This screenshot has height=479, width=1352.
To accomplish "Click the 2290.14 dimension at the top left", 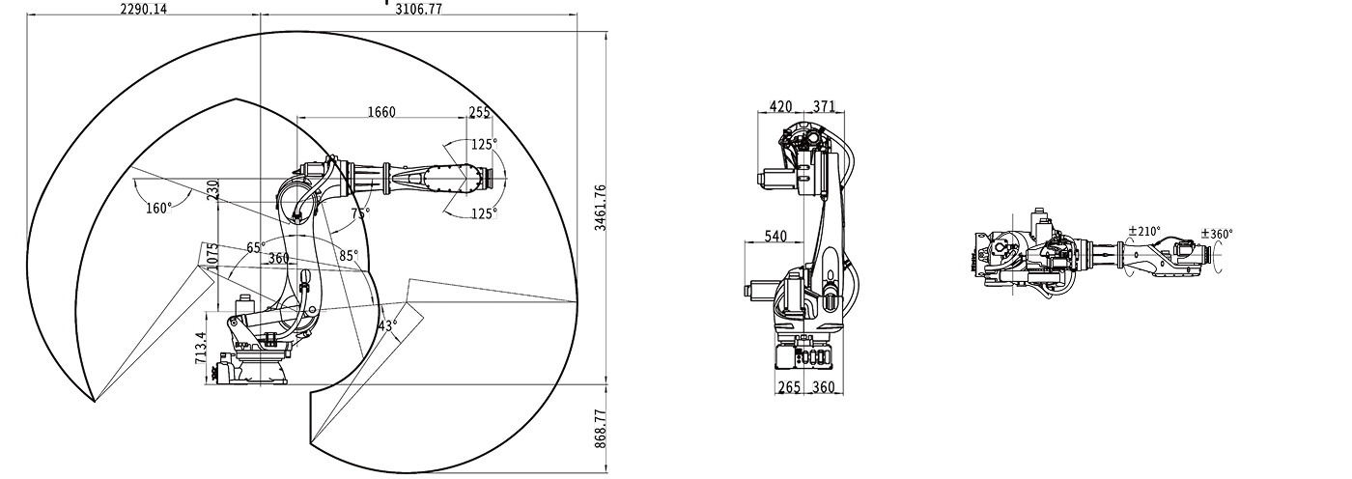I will tap(143, 9).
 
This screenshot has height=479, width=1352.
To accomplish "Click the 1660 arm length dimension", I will tap(380, 112).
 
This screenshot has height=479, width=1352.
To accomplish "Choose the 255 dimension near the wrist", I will tap(479, 112).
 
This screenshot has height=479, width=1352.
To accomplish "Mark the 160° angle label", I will tap(158, 208).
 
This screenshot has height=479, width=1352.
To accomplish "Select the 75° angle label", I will tap(359, 213).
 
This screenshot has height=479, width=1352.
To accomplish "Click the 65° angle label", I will tap(256, 247).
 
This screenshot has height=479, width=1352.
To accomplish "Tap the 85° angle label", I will tap(348, 256).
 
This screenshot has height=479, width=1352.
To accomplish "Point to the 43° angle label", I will tap(386, 325).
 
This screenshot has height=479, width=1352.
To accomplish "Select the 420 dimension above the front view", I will tap(782, 105).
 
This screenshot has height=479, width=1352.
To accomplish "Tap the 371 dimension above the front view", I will tap(823, 105).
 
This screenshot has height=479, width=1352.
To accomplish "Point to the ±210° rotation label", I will tap(1144, 233).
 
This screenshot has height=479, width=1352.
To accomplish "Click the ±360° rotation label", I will tap(1217, 234).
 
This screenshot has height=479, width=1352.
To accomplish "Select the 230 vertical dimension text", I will tap(212, 188).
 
